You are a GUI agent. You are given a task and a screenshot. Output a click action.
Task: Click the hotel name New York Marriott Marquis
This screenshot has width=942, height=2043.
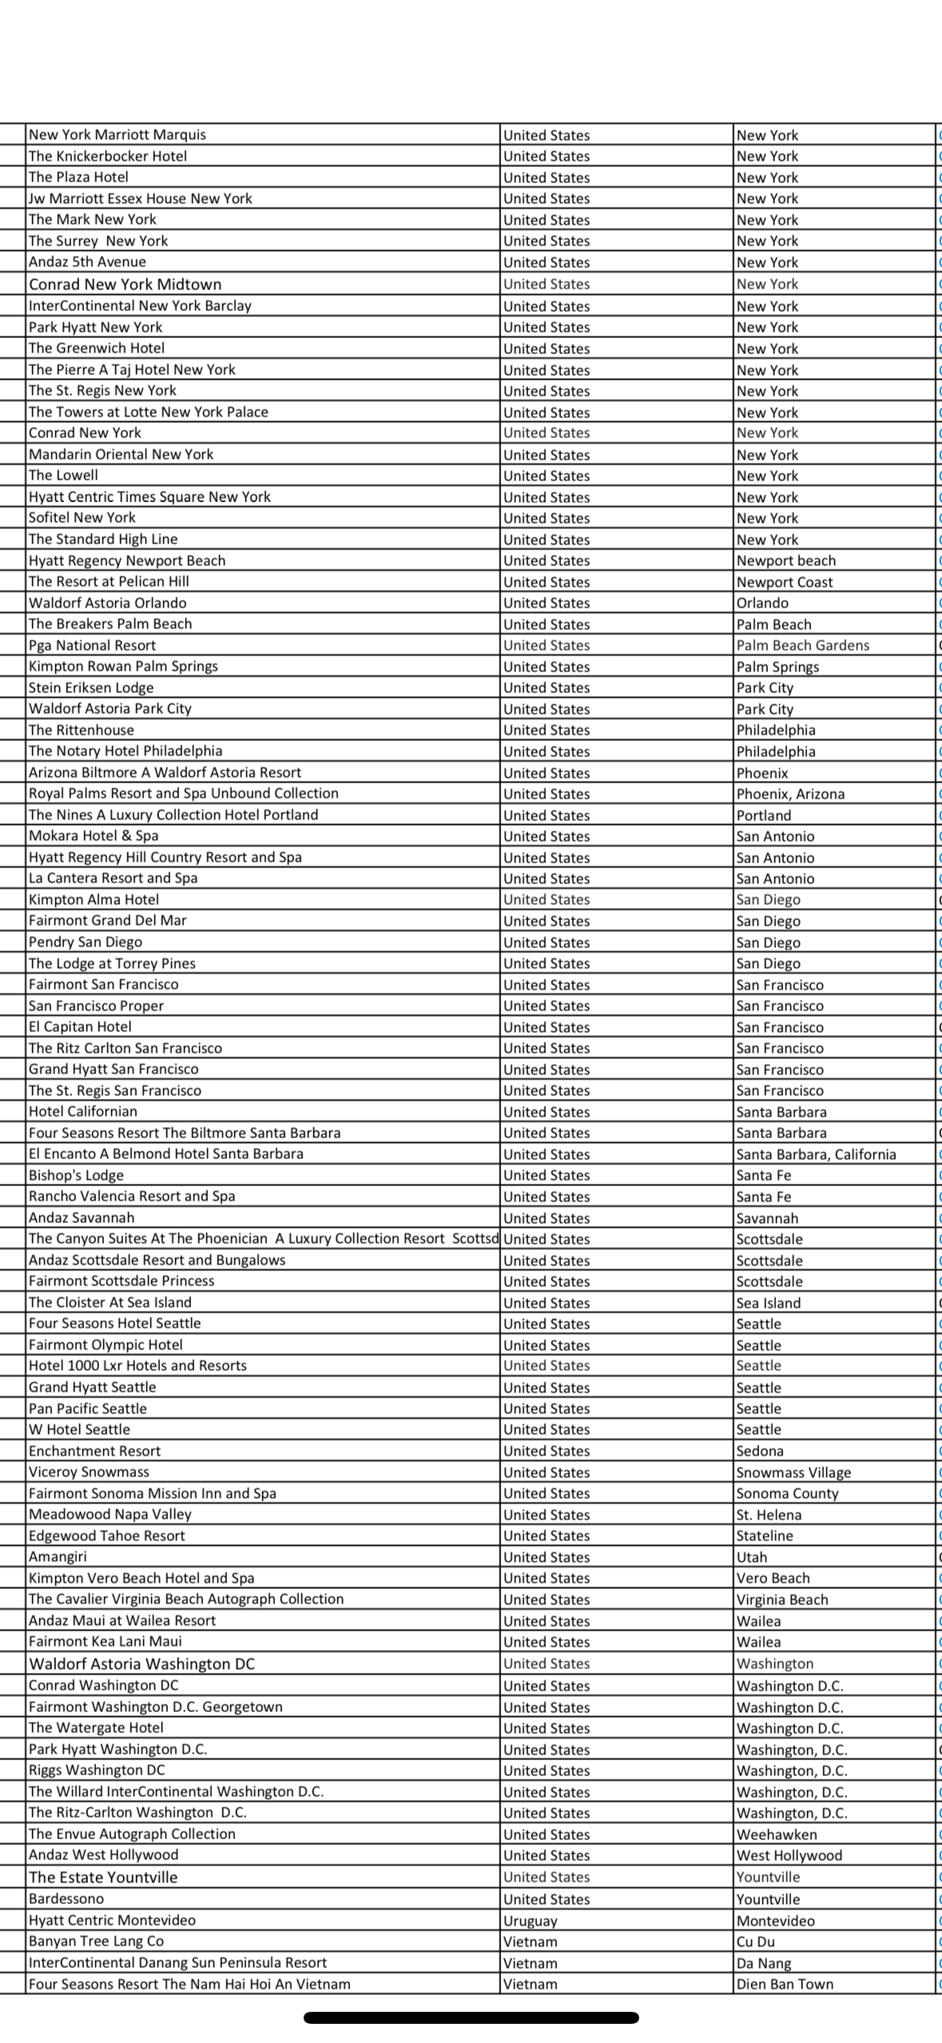click(117, 134)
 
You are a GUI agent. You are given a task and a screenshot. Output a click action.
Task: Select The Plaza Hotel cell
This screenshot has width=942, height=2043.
click(78, 177)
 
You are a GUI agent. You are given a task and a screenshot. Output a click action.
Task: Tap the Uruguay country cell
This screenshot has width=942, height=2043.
click(531, 1920)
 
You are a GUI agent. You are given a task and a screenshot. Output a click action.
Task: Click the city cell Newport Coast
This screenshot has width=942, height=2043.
click(784, 582)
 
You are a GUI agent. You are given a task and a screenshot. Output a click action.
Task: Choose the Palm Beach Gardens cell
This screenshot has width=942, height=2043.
click(802, 645)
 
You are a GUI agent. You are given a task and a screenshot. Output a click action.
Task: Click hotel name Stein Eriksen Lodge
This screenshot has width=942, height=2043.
click(91, 687)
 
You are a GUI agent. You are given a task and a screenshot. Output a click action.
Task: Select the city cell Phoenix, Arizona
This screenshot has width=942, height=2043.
click(789, 794)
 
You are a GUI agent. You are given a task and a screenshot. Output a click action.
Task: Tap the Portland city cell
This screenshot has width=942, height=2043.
click(763, 815)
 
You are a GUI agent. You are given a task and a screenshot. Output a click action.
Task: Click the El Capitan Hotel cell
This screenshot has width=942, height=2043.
click(80, 1026)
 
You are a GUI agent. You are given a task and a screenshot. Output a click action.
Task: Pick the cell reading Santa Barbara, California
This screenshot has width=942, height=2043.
click(816, 1154)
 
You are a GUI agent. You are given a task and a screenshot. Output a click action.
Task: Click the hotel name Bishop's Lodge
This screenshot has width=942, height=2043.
click(76, 1175)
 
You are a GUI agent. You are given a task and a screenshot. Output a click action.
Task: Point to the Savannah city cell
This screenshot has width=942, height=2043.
click(767, 1218)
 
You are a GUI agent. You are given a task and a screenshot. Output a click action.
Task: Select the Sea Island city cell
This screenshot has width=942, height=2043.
click(768, 1303)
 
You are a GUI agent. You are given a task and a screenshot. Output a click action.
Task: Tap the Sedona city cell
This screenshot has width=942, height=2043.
click(759, 1451)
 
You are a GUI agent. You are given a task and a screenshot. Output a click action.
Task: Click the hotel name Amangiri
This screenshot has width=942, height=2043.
click(58, 1556)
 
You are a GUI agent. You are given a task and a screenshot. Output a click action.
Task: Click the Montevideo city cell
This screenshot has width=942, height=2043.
click(775, 1920)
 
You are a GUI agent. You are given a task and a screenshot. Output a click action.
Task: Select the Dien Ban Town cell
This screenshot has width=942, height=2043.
click(784, 1984)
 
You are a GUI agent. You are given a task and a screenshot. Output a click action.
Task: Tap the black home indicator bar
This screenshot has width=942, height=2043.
click(471, 2017)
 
